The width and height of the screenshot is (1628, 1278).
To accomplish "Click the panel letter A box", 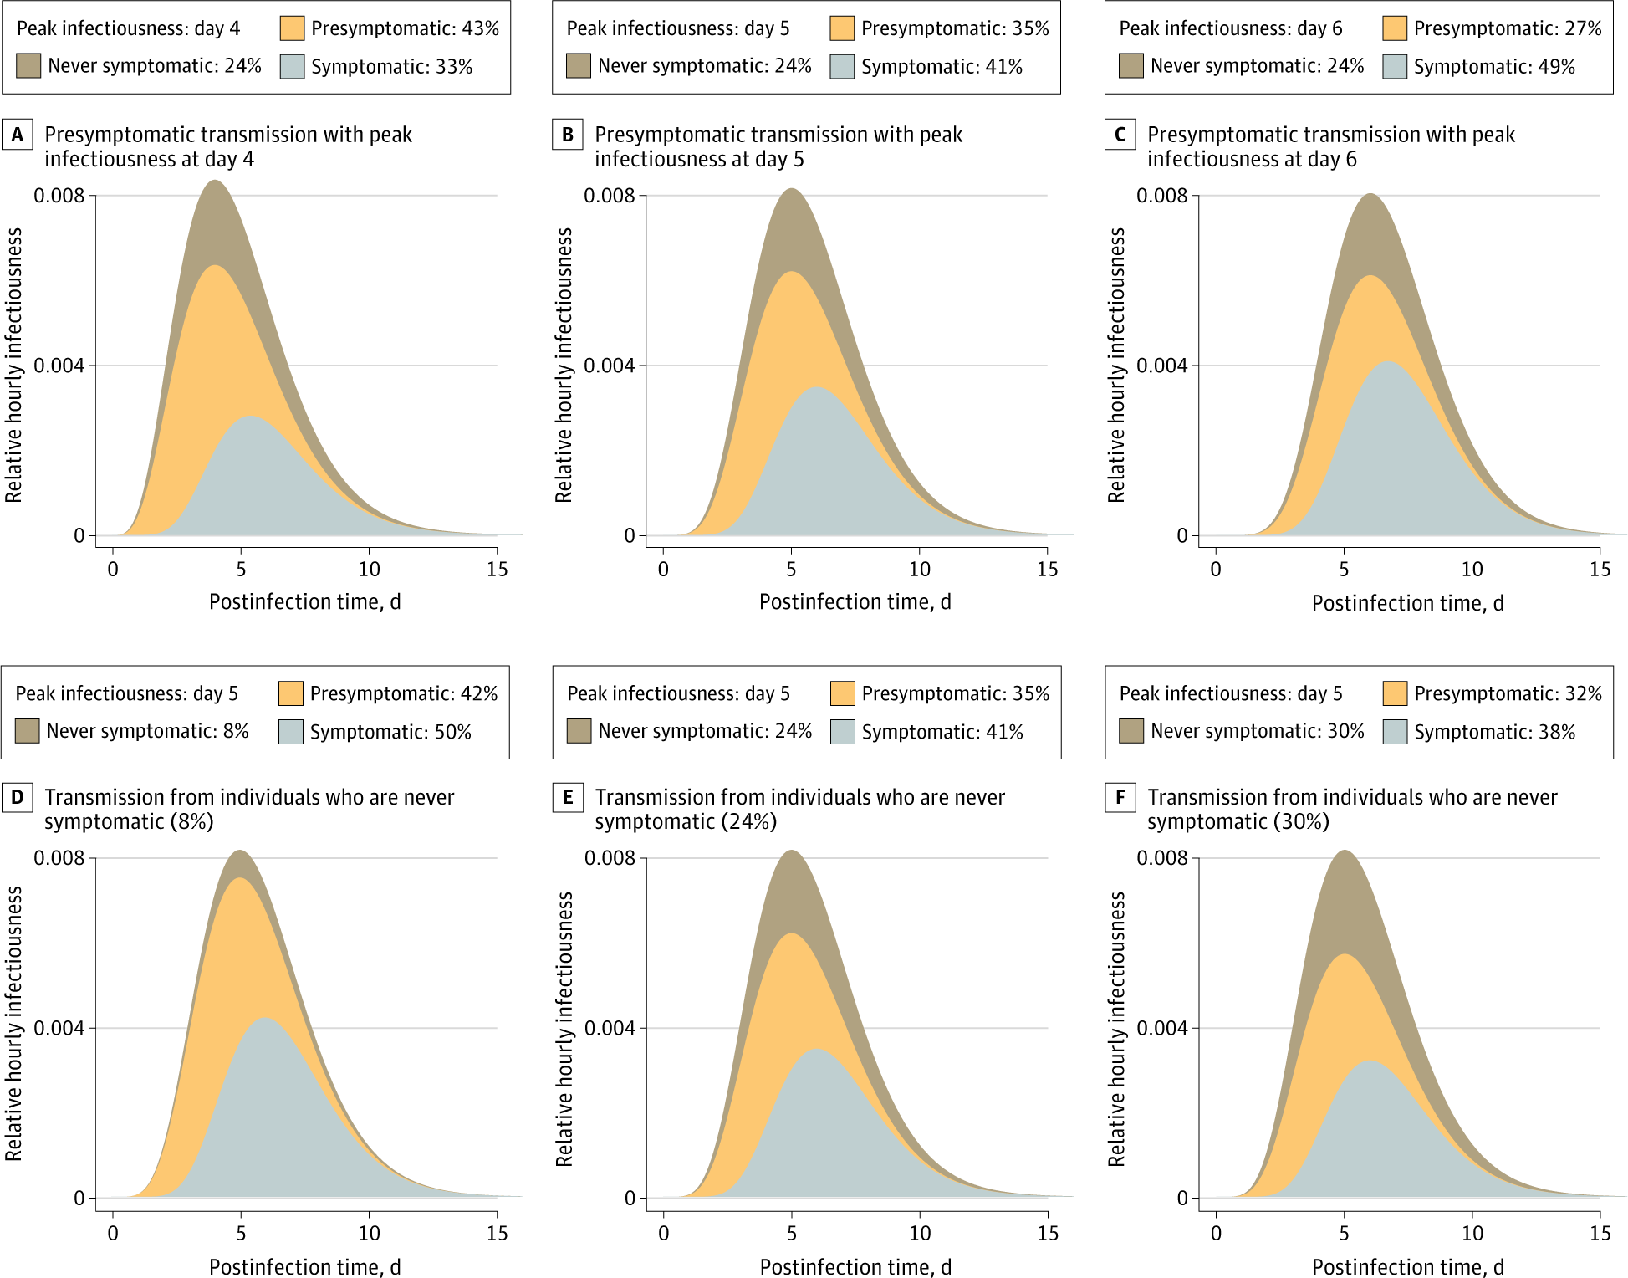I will pyautogui.click(x=18, y=135).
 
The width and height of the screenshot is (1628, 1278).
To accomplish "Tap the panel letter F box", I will pyautogui.click(x=1120, y=797).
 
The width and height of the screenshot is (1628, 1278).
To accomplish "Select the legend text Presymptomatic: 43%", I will pyautogui.click(x=405, y=28).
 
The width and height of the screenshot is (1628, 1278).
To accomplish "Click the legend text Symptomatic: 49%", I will pyautogui.click(x=1494, y=67).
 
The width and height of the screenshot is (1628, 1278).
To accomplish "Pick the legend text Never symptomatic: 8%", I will pyautogui.click(x=148, y=731).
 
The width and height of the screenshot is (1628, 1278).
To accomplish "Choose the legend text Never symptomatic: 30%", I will pyautogui.click(x=1257, y=731).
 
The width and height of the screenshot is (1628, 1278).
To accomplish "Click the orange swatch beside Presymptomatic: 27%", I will pyautogui.click(x=1395, y=28).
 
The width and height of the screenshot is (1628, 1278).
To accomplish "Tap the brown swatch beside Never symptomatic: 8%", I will pyautogui.click(x=28, y=731).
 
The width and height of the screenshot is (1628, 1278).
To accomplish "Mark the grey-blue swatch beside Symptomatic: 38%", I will pyautogui.click(x=1395, y=732).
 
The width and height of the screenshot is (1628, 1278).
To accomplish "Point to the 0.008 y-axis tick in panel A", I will pyautogui.click(x=59, y=196).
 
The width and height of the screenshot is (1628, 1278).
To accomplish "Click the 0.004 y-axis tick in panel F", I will pyautogui.click(x=1162, y=1028).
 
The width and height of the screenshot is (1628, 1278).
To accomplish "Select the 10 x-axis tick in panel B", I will pyautogui.click(x=919, y=570).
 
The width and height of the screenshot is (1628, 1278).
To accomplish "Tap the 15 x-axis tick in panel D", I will pyautogui.click(x=497, y=1233).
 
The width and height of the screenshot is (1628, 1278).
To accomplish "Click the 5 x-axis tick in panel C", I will pyautogui.click(x=1344, y=570).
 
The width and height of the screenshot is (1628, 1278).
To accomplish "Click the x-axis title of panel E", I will pyautogui.click(x=855, y=1267).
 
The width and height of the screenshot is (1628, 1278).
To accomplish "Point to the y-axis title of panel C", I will pyautogui.click(x=1116, y=365).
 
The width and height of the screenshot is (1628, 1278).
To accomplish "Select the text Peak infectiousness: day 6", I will pyautogui.click(x=1230, y=28).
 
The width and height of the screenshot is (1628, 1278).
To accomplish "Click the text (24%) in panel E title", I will pyautogui.click(x=749, y=821).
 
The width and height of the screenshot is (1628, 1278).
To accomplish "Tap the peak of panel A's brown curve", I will pyautogui.click(x=215, y=181).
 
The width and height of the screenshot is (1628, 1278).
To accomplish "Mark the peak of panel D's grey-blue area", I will pyautogui.click(x=264, y=1018).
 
